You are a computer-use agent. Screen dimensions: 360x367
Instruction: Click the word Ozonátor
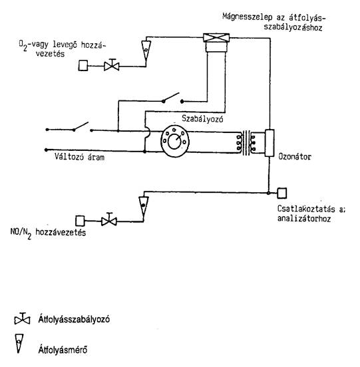point(295,157)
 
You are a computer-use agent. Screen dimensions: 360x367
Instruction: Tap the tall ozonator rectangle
point(270,143)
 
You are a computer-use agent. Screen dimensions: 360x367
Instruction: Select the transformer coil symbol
point(246,142)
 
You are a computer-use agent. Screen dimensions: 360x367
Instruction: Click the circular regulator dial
point(175,141)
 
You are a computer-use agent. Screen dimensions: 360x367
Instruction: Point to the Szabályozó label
point(202,119)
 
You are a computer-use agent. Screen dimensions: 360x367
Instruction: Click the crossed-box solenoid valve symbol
point(216,38)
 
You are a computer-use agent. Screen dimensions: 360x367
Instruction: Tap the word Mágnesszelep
point(248,17)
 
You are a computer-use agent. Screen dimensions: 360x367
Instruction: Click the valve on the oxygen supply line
point(112,65)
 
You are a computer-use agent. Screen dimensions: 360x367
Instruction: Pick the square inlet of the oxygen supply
point(83,66)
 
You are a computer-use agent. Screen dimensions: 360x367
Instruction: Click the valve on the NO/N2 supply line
point(109,220)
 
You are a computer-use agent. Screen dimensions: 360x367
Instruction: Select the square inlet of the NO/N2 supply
point(80,221)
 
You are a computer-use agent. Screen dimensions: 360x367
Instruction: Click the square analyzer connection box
point(281,193)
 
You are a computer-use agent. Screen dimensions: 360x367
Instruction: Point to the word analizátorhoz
point(304,219)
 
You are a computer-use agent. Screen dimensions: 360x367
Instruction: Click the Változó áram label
point(79,157)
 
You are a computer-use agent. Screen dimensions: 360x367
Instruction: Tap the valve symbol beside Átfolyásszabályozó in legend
point(22,319)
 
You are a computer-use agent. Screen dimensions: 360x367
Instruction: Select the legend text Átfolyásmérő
point(63,350)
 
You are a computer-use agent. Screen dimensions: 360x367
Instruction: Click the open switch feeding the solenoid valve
point(173,98)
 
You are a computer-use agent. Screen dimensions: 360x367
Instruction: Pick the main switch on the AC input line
point(81,127)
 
